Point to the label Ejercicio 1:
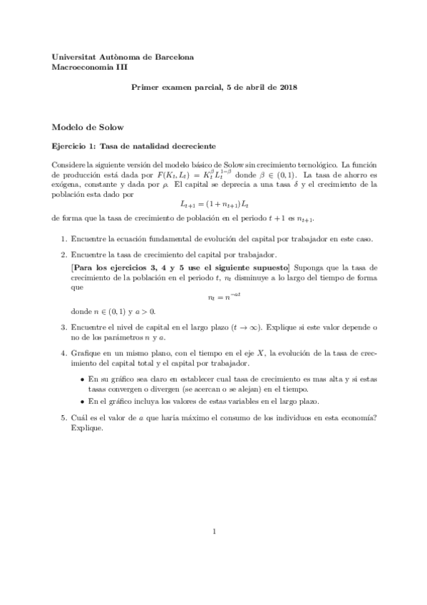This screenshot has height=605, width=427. [x=74, y=146]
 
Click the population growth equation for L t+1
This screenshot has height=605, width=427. [x=213, y=203]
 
